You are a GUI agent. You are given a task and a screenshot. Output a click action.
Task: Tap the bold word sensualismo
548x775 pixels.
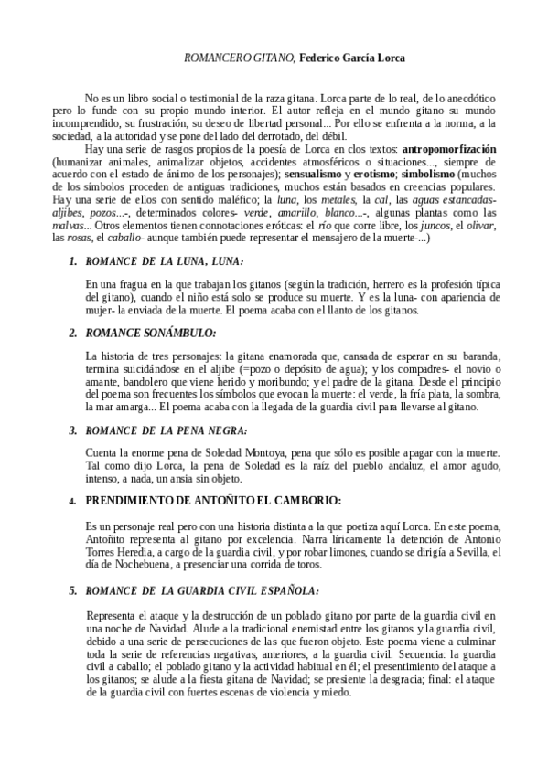point(311,173)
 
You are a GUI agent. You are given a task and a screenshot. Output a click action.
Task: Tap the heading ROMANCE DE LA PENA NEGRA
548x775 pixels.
point(166,428)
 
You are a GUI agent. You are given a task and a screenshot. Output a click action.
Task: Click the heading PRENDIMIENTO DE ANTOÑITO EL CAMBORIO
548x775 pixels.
point(212,501)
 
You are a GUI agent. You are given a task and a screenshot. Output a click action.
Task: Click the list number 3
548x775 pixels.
point(73,429)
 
